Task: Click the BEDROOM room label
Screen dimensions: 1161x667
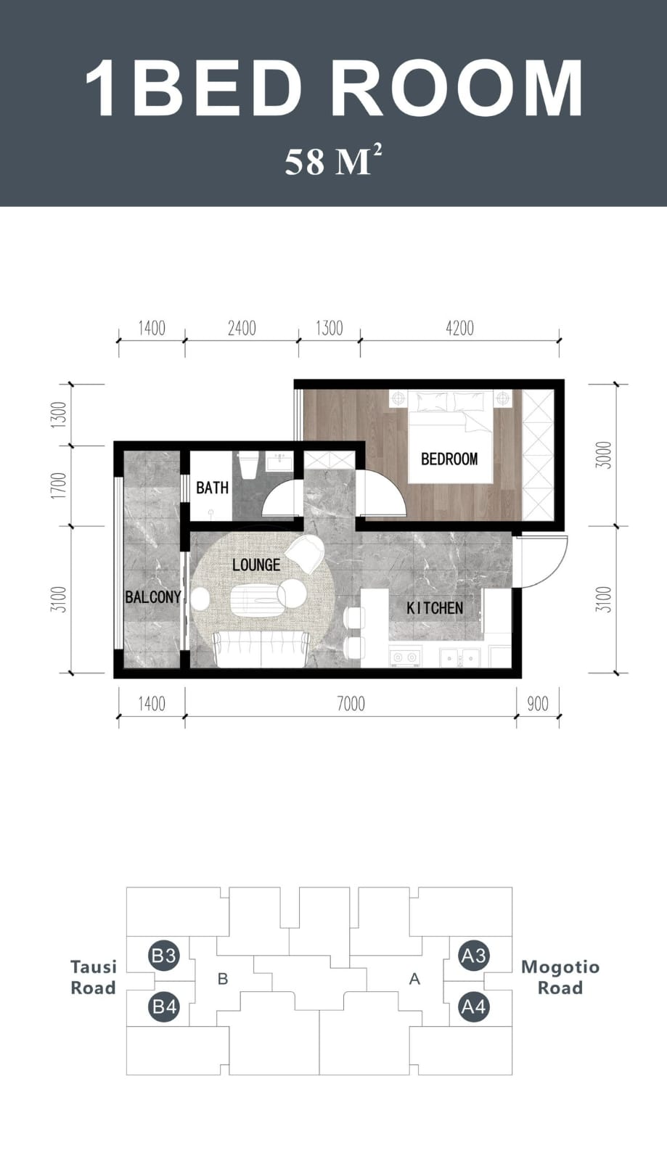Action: (449, 459)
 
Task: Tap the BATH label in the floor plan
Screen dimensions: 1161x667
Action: (212, 488)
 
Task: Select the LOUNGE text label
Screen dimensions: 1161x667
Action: (256, 565)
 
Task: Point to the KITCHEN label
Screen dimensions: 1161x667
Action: (434, 608)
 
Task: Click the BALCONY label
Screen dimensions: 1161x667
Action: (152, 597)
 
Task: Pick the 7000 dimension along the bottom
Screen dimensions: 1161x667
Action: (351, 703)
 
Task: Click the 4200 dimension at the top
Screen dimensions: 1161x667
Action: (459, 328)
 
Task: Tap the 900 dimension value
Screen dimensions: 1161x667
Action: (537, 703)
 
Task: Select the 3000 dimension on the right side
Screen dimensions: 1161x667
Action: (604, 455)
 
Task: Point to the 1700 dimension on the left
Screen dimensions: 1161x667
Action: (60, 485)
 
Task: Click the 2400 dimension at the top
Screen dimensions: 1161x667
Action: (242, 328)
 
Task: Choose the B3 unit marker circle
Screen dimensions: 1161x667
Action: (163, 956)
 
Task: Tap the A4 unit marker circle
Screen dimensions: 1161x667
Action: (473, 1007)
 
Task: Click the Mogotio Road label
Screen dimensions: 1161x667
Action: (560, 977)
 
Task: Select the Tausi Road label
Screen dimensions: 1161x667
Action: (93, 977)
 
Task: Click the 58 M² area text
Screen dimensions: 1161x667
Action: (333, 160)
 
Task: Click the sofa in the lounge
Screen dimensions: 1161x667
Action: (261, 648)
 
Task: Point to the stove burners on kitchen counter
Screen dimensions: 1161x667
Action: (404, 657)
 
